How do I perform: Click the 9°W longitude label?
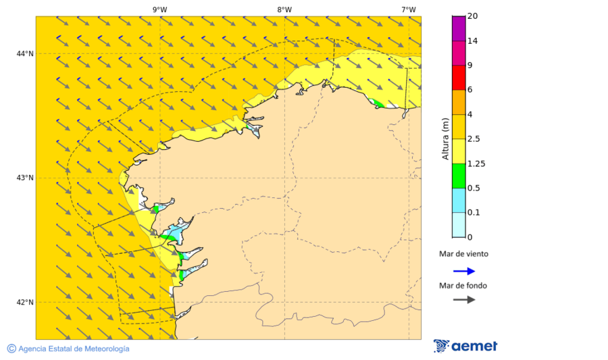159,9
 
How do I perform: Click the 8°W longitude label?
284,9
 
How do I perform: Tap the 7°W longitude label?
408,9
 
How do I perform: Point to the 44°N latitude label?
25,54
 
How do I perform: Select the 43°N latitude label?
25,178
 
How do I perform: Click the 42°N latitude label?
25,303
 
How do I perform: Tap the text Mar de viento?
463,255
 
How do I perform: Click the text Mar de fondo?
463,286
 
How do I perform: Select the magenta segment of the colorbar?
459,28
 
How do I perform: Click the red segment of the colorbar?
459,77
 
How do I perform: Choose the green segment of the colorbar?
459,176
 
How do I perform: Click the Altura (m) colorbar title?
445,139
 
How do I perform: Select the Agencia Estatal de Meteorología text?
74,349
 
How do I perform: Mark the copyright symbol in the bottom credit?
11,349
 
